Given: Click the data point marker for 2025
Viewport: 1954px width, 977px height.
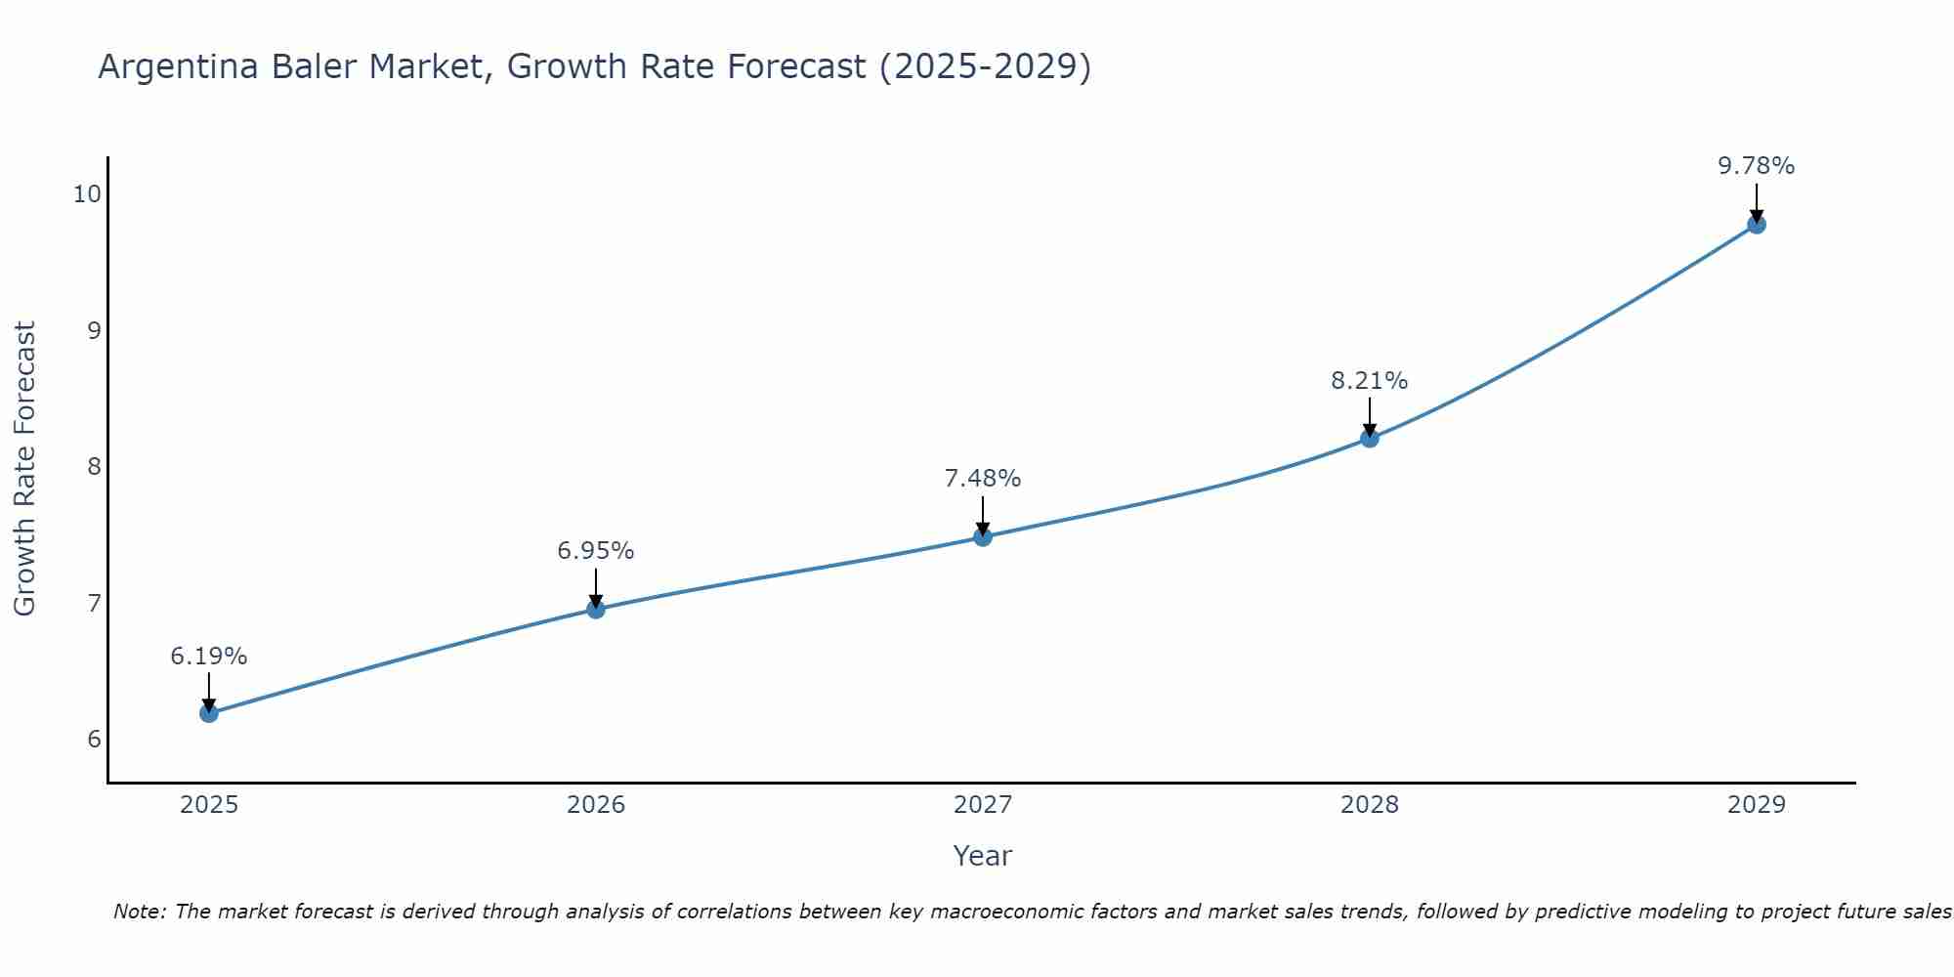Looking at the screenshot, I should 209,713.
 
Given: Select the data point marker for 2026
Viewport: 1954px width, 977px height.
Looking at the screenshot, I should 596,610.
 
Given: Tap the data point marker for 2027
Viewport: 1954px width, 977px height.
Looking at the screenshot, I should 983,536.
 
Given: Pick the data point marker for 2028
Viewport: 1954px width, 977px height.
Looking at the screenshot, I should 1370,438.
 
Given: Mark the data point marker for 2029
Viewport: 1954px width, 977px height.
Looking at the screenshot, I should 1756,225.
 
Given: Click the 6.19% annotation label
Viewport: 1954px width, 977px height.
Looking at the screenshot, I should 209,657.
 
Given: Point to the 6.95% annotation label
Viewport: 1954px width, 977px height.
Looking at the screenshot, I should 596,551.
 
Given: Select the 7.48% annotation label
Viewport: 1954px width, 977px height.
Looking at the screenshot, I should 983,479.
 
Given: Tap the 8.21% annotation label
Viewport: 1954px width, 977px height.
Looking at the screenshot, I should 1370,381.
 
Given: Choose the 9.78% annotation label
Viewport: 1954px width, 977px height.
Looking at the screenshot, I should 1756,166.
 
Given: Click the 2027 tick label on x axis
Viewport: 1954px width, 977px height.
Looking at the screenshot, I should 983,805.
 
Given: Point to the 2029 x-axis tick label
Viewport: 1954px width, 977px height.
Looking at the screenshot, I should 1756,805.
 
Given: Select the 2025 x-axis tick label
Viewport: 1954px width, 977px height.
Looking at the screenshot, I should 209,805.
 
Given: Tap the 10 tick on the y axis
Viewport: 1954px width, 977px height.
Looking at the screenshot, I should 87,193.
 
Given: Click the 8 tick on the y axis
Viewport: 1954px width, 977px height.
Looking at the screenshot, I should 94,466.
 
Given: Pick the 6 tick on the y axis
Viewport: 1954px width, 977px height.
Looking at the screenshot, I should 94,739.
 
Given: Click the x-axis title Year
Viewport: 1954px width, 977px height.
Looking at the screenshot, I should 983,856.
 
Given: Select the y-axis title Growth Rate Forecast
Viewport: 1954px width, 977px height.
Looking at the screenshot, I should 24,469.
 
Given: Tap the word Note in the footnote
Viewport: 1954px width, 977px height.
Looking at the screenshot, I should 139,912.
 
